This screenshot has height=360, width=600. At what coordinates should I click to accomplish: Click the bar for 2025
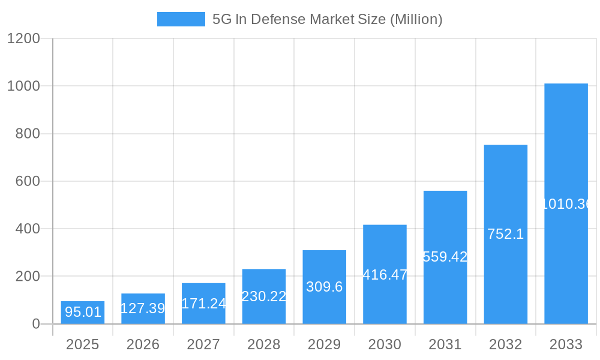tap(83, 313)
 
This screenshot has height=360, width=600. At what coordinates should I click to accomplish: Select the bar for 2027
tap(203, 304)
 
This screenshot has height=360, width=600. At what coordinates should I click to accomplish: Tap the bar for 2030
tap(385, 274)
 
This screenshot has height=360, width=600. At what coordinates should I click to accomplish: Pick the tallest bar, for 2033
tap(566, 203)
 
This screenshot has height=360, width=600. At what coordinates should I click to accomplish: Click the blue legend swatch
tap(181, 19)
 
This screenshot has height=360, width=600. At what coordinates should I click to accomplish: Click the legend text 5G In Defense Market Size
tap(327, 19)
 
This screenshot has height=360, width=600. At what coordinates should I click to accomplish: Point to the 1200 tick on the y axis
tap(23, 38)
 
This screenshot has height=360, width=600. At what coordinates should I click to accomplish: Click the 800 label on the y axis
tap(28, 134)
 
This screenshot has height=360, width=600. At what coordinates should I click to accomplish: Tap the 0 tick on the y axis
tap(35, 324)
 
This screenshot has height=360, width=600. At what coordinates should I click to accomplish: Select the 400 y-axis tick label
tap(28, 229)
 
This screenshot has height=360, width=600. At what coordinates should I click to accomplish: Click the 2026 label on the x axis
tap(143, 344)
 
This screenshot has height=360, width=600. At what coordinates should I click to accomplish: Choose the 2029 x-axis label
tap(324, 344)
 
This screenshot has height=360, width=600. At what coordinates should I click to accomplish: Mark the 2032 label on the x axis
tap(505, 344)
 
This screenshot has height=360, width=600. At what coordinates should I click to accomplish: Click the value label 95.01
tap(83, 312)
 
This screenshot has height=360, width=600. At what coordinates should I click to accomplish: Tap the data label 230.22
tap(264, 296)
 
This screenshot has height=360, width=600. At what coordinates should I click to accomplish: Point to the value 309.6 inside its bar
tap(324, 287)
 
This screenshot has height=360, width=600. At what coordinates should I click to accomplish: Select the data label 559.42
tap(445, 257)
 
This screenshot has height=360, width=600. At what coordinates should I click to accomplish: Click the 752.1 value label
tap(505, 235)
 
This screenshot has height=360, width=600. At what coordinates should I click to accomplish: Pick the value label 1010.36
tap(566, 204)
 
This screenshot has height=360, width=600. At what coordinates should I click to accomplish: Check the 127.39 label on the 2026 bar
tap(143, 308)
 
